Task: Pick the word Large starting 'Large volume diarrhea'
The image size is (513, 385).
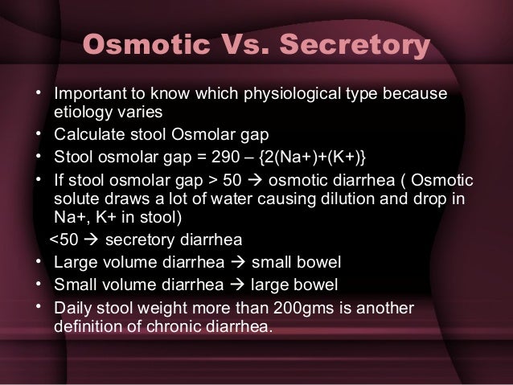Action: pos(72,261)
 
